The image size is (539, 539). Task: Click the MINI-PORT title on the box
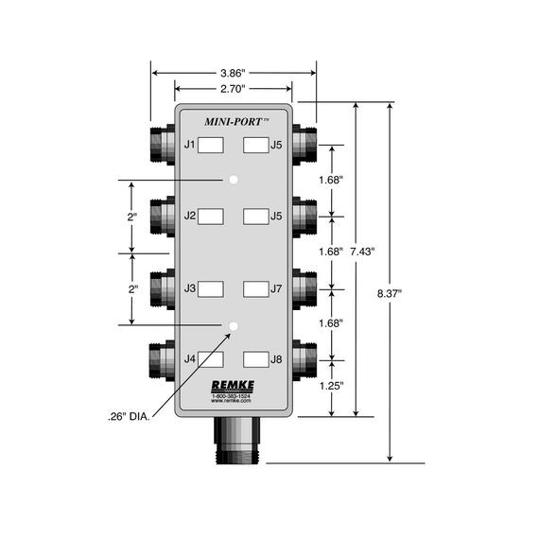[236, 121]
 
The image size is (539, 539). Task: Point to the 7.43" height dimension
[361, 252]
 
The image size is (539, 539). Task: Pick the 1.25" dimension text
[330, 385]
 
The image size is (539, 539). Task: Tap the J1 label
[189, 145]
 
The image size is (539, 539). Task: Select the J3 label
[189, 287]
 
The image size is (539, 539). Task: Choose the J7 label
[276, 287]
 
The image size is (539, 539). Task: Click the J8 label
[276, 359]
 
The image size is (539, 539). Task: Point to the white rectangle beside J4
[211, 359]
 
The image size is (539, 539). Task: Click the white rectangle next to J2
[211, 216]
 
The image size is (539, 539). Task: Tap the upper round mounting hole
[233, 180]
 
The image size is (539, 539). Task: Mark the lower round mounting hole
[233, 325]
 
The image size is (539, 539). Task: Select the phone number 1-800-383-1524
[231, 395]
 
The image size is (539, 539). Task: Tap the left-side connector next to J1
[159, 145]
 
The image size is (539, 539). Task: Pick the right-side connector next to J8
[304, 359]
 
